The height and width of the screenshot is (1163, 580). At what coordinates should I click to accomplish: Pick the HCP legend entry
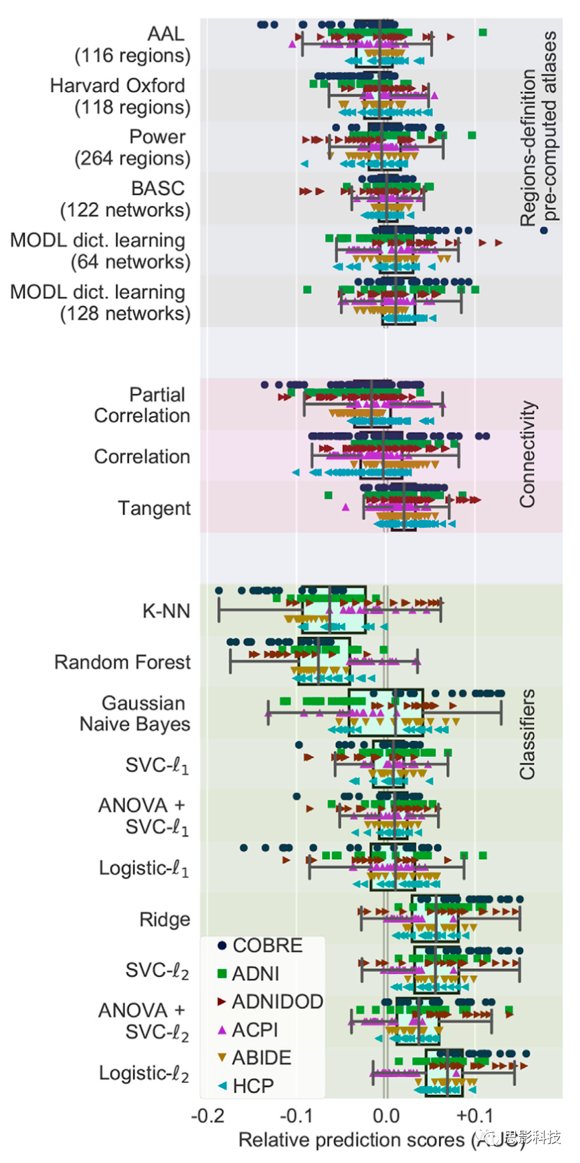(x=253, y=1086)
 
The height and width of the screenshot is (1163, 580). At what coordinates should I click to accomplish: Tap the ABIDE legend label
(x=261, y=1058)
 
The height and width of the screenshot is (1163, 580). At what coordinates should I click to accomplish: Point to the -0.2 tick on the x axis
(x=208, y=1115)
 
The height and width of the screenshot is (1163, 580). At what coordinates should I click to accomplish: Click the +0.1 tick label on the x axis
(x=474, y=1115)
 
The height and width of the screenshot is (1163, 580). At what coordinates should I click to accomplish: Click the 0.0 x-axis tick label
(x=386, y=1115)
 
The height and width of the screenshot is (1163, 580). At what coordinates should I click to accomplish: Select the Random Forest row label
(x=122, y=662)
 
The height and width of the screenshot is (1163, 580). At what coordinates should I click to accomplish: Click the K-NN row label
(x=166, y=611)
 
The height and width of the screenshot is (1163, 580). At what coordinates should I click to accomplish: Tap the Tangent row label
(x=154, y=509)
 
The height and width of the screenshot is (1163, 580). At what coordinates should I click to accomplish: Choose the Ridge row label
(x=164, y=920)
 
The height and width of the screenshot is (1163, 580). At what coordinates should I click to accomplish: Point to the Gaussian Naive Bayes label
(x=135, y=713)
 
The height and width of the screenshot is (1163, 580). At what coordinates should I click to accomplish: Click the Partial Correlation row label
(x=142, y=405)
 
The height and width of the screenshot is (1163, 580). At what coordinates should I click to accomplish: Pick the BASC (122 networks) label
(x=126, y=199)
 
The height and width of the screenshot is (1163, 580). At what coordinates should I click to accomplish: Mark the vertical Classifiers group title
(x=527, y=734)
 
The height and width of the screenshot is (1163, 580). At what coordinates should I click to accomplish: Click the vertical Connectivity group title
(x=527, y=454)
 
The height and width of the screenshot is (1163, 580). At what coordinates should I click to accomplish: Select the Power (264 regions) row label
(x=133, y=148)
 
